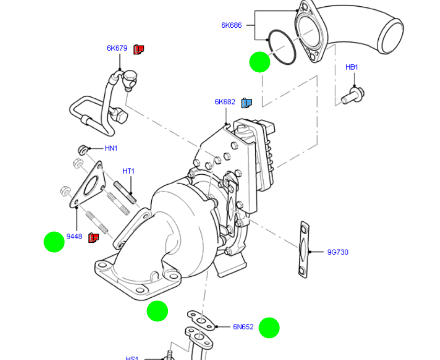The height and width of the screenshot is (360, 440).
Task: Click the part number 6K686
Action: (x=231, y=25)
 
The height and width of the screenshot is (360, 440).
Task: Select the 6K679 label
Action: (x=117, y=48)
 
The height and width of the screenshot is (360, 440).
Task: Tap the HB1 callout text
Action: (x=352, y=67)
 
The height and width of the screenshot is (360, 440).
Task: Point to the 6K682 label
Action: (x=225, y=102)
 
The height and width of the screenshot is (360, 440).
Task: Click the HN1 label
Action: (x=111, y=149)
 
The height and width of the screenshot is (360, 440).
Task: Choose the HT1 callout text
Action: (x=128, y=171)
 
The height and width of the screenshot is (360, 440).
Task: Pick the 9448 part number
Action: (x=74, y=237)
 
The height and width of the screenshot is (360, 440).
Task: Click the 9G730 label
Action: (x=337, y=252)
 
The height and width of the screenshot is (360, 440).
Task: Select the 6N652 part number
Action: (x=243, y=327)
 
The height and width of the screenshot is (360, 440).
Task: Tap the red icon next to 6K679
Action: (x=139, y=49)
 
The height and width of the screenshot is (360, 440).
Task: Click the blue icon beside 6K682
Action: (x=247, y=103)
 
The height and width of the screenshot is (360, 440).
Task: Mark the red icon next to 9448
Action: (x=94, y=238)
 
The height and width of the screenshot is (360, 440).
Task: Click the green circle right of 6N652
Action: (x=269, y=328)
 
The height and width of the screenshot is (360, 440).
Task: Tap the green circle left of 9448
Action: (x=54, y=242)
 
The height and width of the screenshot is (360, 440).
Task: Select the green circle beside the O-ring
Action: (x=260, y=62)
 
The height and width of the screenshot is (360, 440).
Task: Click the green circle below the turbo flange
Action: (x=157, y=311)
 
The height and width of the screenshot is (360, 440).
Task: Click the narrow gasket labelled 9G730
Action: (x=303, y=250)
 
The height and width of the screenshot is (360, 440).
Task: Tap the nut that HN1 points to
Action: (x=82, y=150)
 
